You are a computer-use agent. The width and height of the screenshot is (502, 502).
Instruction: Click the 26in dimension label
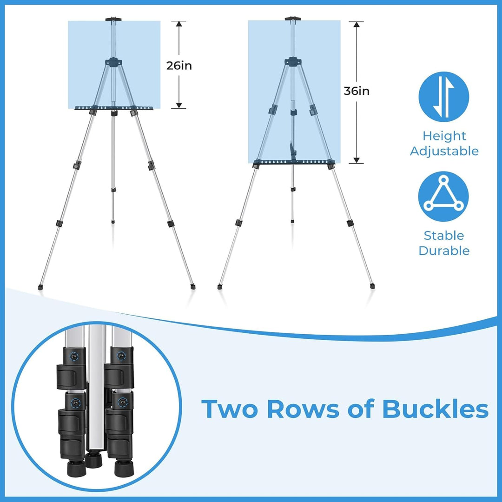pos(179,66)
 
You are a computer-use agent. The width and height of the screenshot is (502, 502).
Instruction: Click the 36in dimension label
pos(357,91)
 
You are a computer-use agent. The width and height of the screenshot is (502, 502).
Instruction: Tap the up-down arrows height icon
pos(444,97)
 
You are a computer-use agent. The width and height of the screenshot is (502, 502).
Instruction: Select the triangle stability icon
pos(443,197)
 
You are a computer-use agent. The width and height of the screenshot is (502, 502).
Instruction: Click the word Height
pos(444,136)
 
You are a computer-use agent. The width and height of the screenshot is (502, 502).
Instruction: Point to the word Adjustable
pos(444,151)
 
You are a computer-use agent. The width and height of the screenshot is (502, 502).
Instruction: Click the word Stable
pos(444,235)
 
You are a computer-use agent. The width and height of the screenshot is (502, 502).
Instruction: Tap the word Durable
pos(444,251)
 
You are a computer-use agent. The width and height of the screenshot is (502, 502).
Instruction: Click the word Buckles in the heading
pos(436,409)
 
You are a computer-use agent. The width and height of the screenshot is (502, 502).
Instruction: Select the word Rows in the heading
pos(303,409)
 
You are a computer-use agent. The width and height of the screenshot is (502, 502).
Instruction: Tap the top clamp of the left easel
pos(113,20)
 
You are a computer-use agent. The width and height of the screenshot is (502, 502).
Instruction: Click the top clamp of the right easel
pos(293,19)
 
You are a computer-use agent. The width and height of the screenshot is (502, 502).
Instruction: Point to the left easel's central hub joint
pos(114,62)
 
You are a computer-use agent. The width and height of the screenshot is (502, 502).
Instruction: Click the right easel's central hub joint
pos(293,61)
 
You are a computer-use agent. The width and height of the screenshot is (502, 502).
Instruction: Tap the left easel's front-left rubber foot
pos(40,287)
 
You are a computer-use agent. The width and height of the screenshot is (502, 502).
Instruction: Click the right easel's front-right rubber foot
pos(372,286)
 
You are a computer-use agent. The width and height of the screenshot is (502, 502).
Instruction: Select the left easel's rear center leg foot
pos(113,221)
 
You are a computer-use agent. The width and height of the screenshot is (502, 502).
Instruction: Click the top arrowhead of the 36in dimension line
pos(357,25)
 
